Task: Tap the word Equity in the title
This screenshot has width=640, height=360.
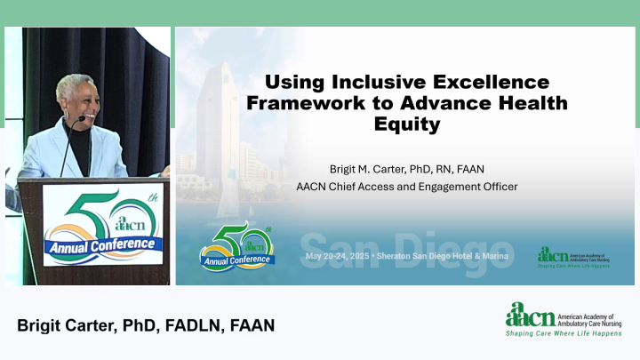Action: tap(406, 124)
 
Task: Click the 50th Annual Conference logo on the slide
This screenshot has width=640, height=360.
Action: tap(236, 248)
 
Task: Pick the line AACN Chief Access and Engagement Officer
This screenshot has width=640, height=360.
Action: tap(406, 187)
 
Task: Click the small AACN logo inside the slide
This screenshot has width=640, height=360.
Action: tap(552, 255)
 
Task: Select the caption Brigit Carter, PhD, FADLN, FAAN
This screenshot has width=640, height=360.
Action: tap(146, 325)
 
